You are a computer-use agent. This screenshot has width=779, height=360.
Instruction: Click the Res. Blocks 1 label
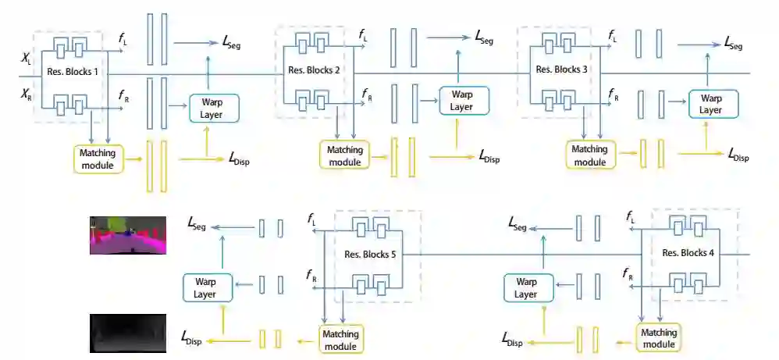(73, 72)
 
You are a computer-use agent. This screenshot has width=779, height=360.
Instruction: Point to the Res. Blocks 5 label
(370, 254)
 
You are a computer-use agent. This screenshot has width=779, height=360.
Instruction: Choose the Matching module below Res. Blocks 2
(343, 155)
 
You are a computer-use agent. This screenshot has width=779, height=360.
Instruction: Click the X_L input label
(27, 58)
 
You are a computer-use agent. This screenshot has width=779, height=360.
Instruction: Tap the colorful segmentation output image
(128, 235)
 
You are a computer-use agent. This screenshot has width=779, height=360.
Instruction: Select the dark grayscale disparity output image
(128, 333)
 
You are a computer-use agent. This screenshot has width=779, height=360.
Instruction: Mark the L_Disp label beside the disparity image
(195, 338)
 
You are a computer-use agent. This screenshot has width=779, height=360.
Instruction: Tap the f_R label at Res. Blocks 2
(366, 94)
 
